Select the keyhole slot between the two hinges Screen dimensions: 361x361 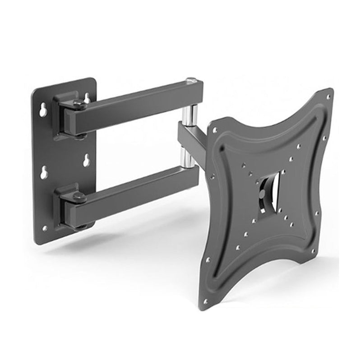[x=86, y=160]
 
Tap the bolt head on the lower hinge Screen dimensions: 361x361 [x=79, y=197]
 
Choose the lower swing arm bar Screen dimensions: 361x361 [x=135, y=190]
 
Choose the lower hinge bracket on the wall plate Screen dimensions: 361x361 [x=68, y=205]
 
